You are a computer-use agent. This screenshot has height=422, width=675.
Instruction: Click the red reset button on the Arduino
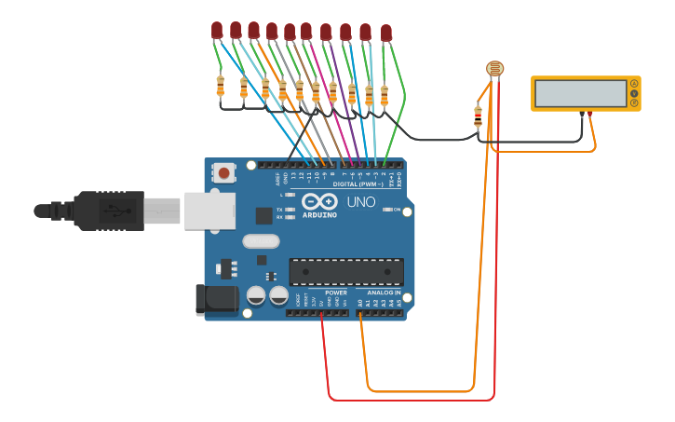tap(224, 172)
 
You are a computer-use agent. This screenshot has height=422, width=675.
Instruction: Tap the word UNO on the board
tap(361, 202)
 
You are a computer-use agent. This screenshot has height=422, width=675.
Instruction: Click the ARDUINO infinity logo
tap(319, 201)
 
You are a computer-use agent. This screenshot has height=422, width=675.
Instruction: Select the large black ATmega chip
tap(346, 272)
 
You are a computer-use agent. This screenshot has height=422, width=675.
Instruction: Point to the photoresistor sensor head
tap(495, 68)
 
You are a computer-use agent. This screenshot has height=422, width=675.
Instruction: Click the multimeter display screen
tap(580, 93)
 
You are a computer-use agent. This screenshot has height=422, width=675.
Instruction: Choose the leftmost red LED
tap(217, 31)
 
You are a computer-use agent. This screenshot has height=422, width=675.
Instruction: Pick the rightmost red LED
tap(386, 34)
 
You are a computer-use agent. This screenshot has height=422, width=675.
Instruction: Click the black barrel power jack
tap(215, 298)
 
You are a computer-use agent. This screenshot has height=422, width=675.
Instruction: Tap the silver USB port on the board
tap(209, 211)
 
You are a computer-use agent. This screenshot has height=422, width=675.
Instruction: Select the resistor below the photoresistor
tap(478, 116)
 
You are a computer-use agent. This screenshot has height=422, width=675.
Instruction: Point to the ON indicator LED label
tap(397, 210)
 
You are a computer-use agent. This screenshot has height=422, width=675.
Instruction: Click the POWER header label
tap(336, 293)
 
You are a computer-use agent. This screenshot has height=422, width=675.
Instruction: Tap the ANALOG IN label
tap(383, 293)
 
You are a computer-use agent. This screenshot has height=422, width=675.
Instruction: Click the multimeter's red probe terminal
tap(590, 114)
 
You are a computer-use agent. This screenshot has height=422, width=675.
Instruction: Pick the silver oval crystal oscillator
tap(261, 241)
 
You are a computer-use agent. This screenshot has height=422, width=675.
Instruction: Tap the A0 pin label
tap(360, 303)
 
